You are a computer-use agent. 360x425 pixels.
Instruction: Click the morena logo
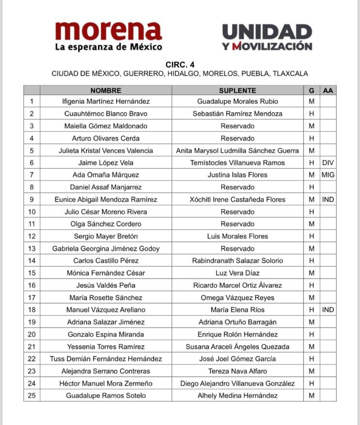coord(108,36)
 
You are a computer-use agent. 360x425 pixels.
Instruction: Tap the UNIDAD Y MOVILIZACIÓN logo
coord(267,37)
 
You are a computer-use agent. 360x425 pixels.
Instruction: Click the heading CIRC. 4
coord(180,64)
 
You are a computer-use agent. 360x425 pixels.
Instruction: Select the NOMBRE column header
coord(106,90)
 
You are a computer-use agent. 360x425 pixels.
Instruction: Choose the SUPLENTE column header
coord(237,90)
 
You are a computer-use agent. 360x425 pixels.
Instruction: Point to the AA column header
coord(328,90)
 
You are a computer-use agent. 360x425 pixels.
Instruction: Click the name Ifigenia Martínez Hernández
coord(106,102)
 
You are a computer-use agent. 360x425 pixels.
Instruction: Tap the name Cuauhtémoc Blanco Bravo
coord(106,114)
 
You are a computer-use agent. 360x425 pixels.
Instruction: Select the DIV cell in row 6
coord(328,163)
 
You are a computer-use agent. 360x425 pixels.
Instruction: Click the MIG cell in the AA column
coord(328,175)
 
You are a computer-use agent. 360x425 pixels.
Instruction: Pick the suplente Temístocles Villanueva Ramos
coord(237,163)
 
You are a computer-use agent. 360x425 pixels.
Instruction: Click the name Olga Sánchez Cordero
coord(106,224)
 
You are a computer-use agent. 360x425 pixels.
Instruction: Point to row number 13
coord(32,249)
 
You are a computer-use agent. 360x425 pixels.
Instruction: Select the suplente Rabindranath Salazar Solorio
coord(237,261)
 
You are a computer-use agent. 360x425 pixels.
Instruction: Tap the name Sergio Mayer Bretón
coord(106,236)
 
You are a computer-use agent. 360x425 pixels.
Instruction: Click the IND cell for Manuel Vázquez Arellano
coord(328,310)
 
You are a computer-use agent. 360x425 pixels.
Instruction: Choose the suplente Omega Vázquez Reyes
coord(237,298)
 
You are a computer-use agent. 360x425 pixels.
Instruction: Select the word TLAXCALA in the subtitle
coord(290,74)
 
